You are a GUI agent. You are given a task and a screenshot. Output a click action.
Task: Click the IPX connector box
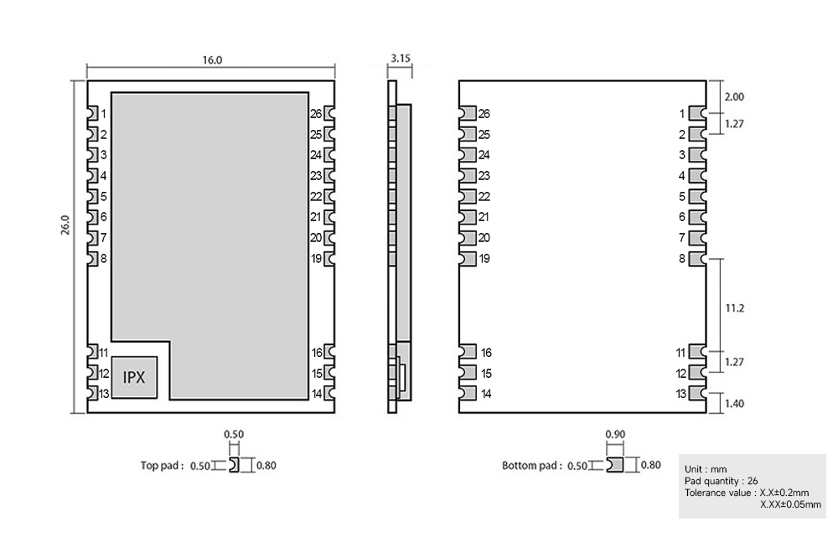point(134,377)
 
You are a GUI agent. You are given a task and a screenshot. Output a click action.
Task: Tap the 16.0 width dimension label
point(212,60)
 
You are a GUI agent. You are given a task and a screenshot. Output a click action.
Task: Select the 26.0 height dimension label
point(65,226)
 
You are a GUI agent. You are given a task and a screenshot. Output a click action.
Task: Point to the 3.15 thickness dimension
point(401,59)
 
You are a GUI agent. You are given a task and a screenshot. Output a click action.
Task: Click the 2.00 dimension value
point(734,97)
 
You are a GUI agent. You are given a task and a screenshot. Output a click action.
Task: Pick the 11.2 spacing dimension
point(734,308)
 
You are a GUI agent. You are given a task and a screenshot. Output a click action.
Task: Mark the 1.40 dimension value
point(734,404)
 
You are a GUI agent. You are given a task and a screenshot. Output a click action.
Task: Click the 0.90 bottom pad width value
point(614,434)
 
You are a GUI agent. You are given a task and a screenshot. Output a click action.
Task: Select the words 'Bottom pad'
point(530,465)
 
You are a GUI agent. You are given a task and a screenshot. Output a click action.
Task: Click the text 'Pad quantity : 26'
point(722,481)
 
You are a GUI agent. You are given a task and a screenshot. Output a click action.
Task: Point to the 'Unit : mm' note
point(706,469)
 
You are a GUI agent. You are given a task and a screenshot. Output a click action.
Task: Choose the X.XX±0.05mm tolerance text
point(790,504)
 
